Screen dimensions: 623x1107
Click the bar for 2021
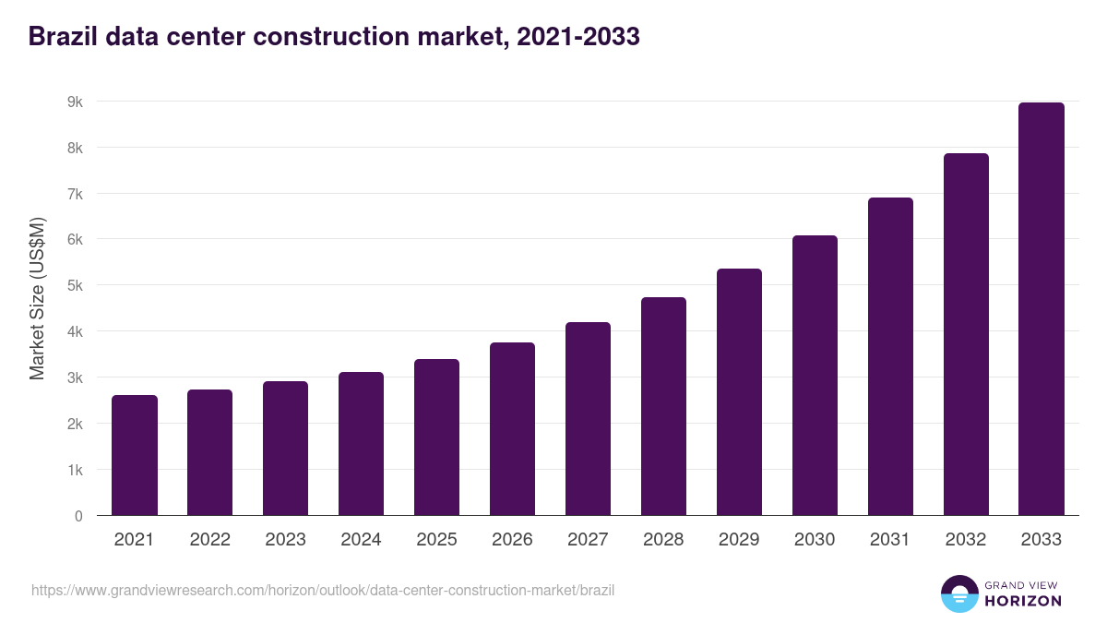135,455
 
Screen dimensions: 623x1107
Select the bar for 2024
361,444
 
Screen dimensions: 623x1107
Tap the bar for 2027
588,419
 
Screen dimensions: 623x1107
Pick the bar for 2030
815,376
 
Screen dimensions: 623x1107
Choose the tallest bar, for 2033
1042,309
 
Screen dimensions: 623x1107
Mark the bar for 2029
739,392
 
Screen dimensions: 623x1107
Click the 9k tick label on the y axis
75,102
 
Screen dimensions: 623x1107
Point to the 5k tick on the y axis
75,285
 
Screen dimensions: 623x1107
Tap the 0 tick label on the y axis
78,516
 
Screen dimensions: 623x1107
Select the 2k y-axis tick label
75,424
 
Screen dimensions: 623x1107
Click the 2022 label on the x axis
210,540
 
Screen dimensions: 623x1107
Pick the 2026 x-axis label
512,540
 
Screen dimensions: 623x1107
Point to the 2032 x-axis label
966,540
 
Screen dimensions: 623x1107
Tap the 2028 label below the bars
663,540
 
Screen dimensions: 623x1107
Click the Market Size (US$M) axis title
37,298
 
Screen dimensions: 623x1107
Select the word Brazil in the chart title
63,37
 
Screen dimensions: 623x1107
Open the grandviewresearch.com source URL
323,590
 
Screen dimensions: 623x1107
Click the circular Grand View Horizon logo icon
959,593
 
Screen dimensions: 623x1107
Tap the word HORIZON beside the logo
1023,601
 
